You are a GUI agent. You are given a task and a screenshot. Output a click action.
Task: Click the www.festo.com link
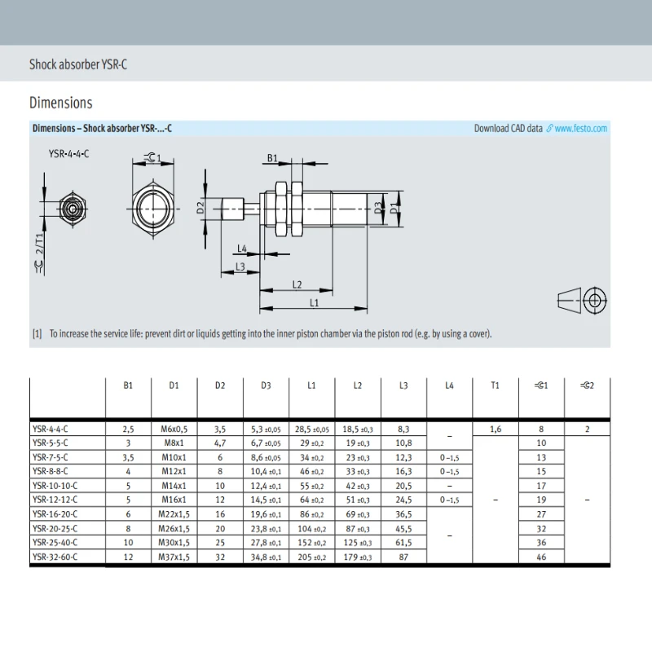[580, 129]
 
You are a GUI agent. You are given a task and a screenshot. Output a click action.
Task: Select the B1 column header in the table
[128, 385]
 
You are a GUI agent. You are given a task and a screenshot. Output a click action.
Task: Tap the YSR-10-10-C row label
[55, 486]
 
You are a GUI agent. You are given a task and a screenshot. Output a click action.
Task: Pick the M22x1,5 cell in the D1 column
[174, 514]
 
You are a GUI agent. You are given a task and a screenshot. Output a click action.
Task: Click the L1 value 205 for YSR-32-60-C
[312, 557]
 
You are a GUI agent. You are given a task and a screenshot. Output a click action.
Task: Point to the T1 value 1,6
[496, 430]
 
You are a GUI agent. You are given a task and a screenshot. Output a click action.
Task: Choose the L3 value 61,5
[403, 543]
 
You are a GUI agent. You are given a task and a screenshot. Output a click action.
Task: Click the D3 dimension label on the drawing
[377, 208]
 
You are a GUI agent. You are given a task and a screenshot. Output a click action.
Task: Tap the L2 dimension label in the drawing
[297, 284]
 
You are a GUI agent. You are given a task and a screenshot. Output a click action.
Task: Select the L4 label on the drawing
[242, 249]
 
